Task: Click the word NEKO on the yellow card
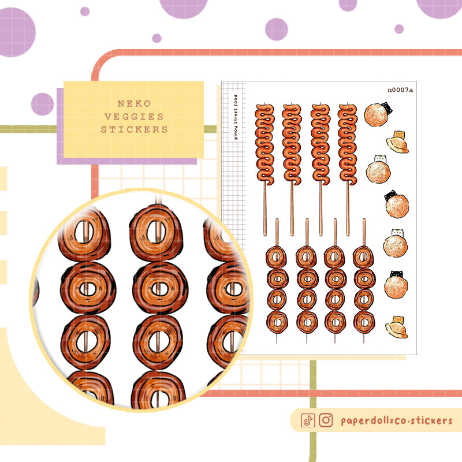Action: point(134,104)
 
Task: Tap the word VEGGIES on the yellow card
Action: point(134,117)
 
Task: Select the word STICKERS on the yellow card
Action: point(134,129)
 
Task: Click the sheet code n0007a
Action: point(400,90)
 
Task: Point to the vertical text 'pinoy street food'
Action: point(235,117)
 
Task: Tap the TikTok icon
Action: point(308,420)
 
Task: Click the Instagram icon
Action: point(326,420)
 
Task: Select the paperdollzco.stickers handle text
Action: point(397,420)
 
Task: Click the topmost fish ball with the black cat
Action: point(378,114)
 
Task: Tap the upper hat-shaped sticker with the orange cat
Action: point(397,142)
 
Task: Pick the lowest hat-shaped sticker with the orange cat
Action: point(397,327)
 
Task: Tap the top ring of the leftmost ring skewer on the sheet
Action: point(276,256)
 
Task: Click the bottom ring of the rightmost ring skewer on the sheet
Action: point(364,323)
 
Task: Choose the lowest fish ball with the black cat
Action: point(396,285)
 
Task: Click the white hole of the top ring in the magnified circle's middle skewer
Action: point(156,232)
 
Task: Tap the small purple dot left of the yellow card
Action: point(42,104)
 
